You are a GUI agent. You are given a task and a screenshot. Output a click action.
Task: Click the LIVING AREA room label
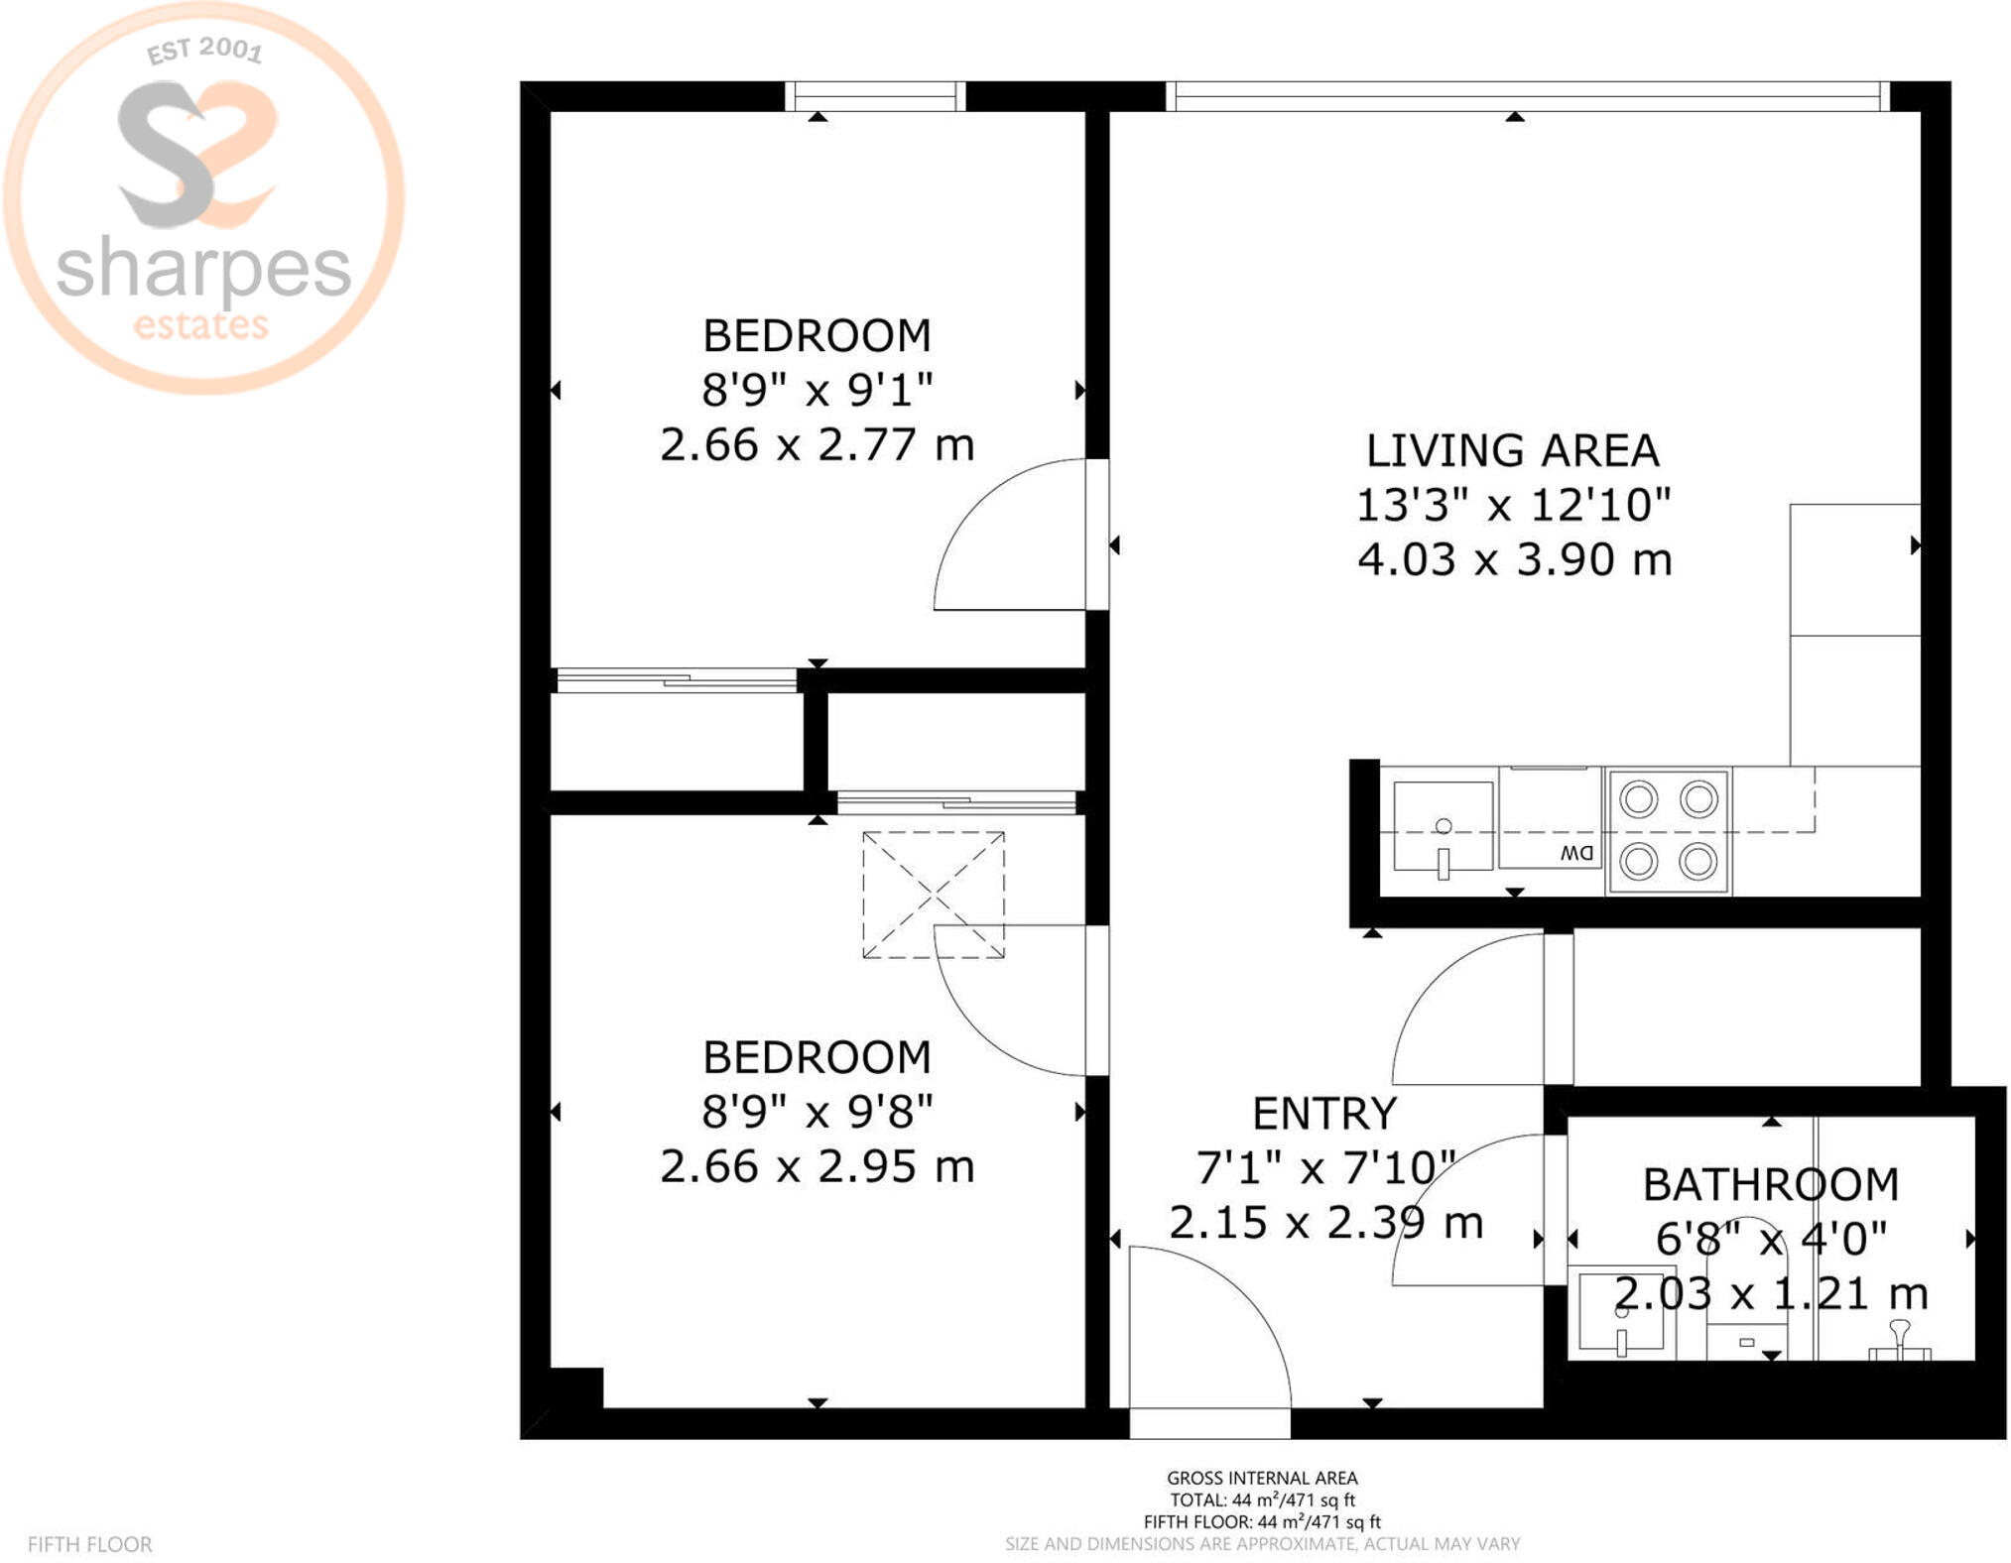click(1512, 451)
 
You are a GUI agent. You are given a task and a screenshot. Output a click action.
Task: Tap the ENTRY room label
click(1324, 1114)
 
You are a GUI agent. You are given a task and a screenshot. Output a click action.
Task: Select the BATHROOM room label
click(1771, 1185)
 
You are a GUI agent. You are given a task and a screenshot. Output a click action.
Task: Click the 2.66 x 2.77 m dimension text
click(817, 444)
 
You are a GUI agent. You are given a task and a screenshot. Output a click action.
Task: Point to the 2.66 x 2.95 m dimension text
click(817, 1166)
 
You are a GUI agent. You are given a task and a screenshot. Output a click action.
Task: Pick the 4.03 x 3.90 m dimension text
click(1515, 559)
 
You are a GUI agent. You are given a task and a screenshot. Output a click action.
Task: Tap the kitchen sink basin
click(1443, 826)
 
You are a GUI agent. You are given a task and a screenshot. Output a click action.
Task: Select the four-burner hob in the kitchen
click(1669, 831)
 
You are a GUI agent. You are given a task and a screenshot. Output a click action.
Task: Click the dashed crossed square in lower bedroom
click(934, 895)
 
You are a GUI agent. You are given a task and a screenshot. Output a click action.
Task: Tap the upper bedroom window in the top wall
click(875, 96)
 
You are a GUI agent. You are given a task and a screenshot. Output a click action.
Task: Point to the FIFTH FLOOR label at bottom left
click(90, 1544)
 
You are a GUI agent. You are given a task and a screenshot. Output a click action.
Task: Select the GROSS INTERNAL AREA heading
click(1262, 1478)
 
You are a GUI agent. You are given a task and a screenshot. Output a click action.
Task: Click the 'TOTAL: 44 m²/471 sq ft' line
click(1262, 1501)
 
